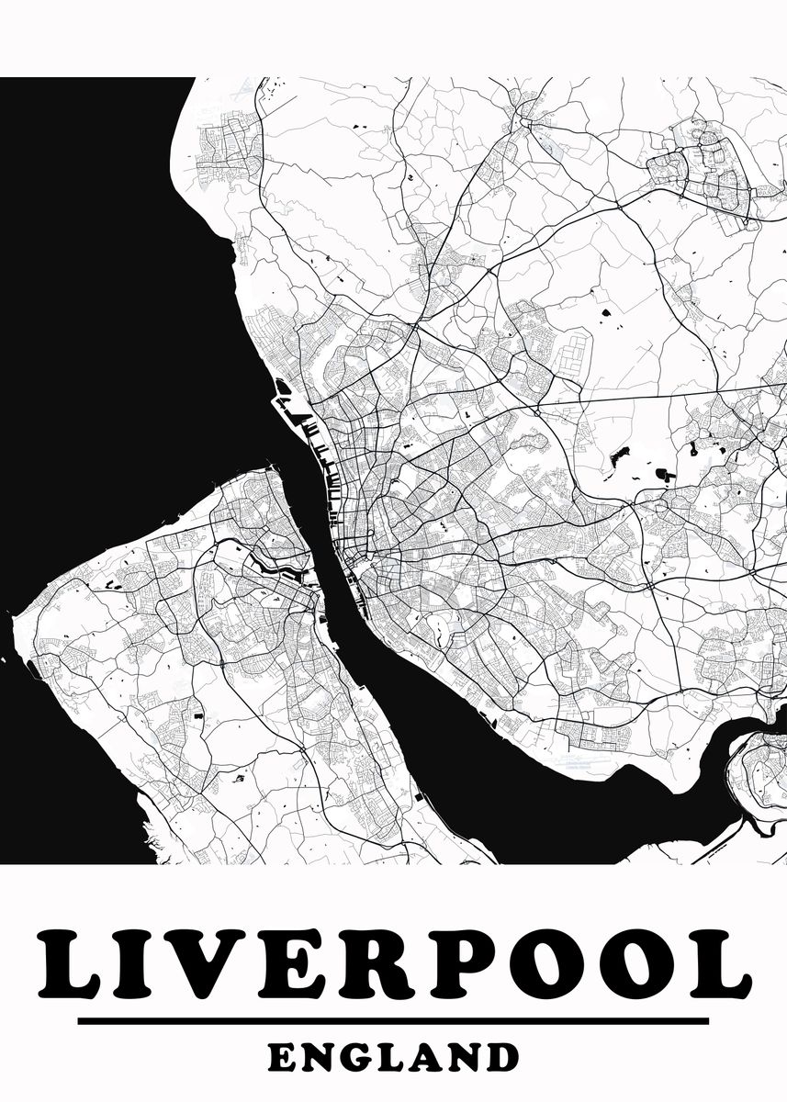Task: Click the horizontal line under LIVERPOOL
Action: pyautogui.click(x=393, y=1020)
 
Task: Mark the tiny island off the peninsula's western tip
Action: pyautogui.click(x=4, y=658)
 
